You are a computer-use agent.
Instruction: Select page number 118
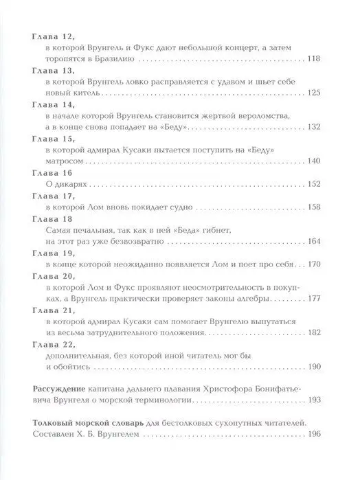tap(324, 59)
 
